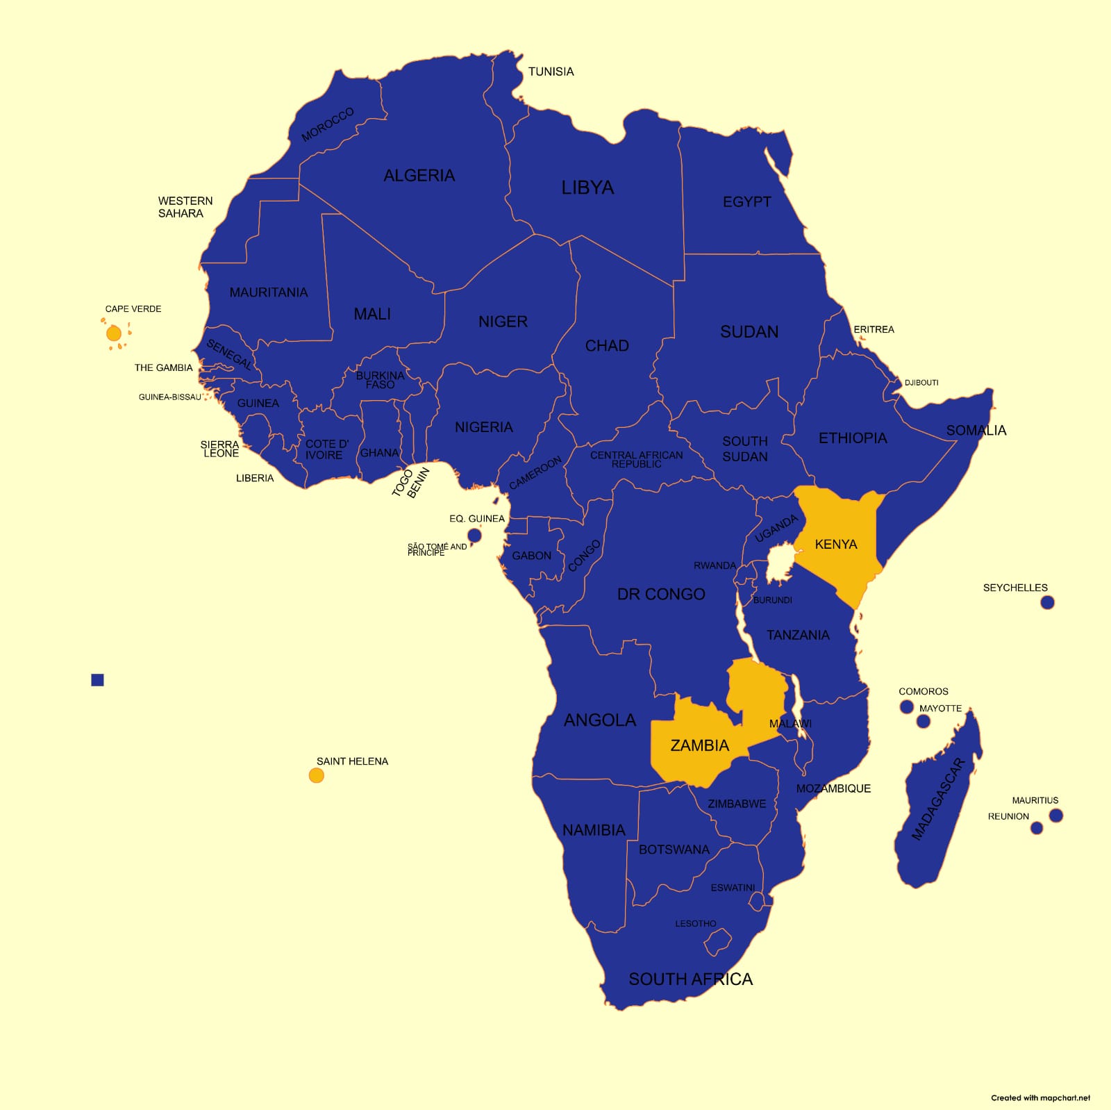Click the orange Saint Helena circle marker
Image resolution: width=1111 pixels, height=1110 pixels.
317,775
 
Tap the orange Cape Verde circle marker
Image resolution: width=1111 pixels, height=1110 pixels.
114,333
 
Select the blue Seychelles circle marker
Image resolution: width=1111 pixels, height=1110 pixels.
1047,602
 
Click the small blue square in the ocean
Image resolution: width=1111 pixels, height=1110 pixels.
97,680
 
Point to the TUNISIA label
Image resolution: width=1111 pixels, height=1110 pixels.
551,72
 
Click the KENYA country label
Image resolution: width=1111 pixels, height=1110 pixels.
836,544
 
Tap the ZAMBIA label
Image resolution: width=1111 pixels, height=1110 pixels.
699,745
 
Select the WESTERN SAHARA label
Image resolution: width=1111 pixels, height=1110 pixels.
185,207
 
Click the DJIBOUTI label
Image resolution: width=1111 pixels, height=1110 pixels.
921,383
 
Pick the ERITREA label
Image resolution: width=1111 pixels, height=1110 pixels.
874,329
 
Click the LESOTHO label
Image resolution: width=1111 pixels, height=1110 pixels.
695,923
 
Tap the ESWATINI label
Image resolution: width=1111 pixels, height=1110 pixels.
733,888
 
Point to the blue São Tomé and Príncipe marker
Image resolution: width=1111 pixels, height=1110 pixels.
474,535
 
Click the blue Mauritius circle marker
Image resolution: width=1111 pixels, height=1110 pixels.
1056,815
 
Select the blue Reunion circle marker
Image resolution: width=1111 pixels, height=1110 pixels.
1037,828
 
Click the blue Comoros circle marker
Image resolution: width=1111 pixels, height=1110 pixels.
906,706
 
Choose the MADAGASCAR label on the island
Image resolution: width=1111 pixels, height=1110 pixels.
937,799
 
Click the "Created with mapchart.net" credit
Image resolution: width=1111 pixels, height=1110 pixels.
1040,1097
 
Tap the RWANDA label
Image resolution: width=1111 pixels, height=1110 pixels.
715,565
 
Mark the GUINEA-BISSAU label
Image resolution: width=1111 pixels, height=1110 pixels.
169,397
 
